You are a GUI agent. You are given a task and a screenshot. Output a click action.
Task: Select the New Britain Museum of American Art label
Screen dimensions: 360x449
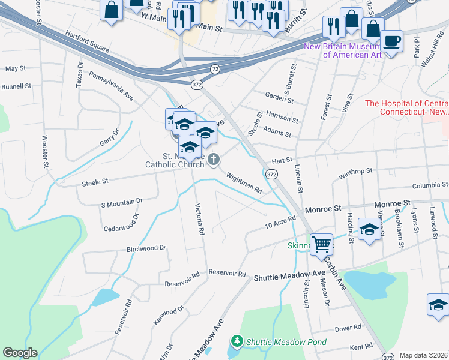[343, 50]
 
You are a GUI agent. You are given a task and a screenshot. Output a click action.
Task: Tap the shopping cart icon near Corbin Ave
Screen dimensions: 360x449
[322, 244]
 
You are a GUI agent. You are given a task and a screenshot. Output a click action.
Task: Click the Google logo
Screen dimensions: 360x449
[19, 353]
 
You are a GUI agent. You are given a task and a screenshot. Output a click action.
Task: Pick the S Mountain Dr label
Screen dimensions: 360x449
[122, 202]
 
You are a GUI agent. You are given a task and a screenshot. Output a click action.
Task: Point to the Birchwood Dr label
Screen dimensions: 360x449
[146, 248]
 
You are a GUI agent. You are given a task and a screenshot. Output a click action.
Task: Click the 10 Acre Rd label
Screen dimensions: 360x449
[281, 223]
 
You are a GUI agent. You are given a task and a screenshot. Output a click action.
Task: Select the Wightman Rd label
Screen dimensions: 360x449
[244, 182]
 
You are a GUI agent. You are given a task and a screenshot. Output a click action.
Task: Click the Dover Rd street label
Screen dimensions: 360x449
[348, 328]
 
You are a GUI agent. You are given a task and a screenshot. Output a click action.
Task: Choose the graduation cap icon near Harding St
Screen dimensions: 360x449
[369, 229]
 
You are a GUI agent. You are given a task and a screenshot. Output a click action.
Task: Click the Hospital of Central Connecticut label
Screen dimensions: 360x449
[406, 107]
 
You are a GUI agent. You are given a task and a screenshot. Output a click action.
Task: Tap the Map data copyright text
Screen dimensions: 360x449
[423, 355]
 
